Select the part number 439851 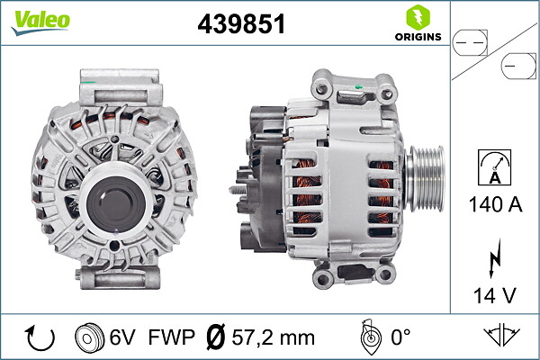click(x=240, y=24)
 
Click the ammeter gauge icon click(x=494, y=167)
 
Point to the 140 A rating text click(x=494, y=204)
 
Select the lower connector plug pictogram click(x=518, y=66)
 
